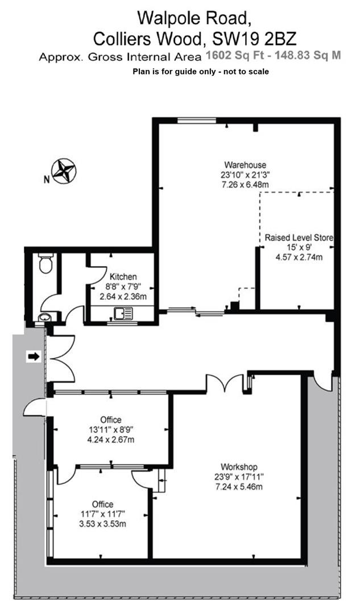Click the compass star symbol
coord(64,171)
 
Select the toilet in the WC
coord(46,263)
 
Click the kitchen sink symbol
coord(123,313)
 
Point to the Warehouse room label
coord(245,165)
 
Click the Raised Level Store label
coord(299,237)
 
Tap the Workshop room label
coord(239,467)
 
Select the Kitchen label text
coord(123,276)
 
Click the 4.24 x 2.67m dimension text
coord(111,439)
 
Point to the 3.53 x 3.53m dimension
coord(102,524)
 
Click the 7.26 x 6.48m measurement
coord(245,184)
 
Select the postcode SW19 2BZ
coord(254,39)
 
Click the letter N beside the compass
coord(47,180)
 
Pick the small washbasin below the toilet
coord(44,318)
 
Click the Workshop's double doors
coord(225,382)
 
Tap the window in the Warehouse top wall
coord(196,121)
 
